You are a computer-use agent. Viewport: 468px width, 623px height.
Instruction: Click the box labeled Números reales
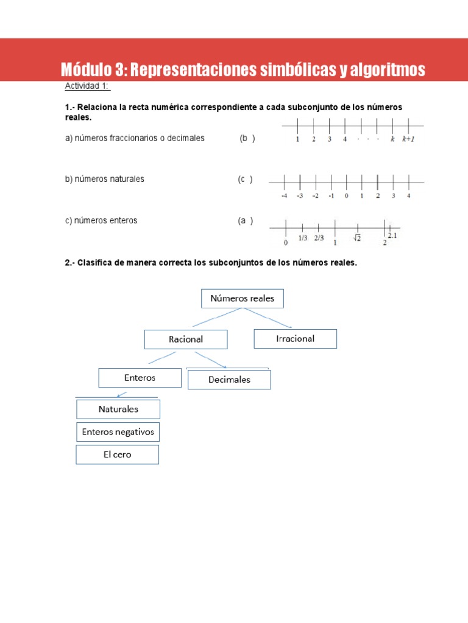pos(242,299)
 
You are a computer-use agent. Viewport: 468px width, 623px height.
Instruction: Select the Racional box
pos(186,339)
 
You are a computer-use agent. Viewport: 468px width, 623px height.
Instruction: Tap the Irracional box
pos(295,339)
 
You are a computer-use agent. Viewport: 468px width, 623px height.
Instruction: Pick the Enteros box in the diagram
pos(140,378)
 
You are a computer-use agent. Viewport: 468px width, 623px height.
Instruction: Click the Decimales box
pos(229,380)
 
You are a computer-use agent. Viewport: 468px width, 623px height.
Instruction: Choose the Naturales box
pos(118,409)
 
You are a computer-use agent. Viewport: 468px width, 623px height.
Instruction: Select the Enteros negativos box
pos(118,432)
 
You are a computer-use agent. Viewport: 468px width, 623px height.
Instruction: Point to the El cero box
pos(117,454)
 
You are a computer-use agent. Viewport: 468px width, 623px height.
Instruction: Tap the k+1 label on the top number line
pos(408,139)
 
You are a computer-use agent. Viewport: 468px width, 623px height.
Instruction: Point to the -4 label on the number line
pos(284,196)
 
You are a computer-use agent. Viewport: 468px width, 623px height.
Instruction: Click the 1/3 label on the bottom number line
pos(303,238)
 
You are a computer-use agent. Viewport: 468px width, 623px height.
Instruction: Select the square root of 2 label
pos(356,238)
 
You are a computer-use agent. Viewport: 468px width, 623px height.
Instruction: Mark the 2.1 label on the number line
pos(392,235)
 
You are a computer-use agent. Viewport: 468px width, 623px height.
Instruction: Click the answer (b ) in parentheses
pos(247,139)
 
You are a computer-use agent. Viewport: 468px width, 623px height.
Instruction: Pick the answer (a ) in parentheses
pos(246,221)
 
